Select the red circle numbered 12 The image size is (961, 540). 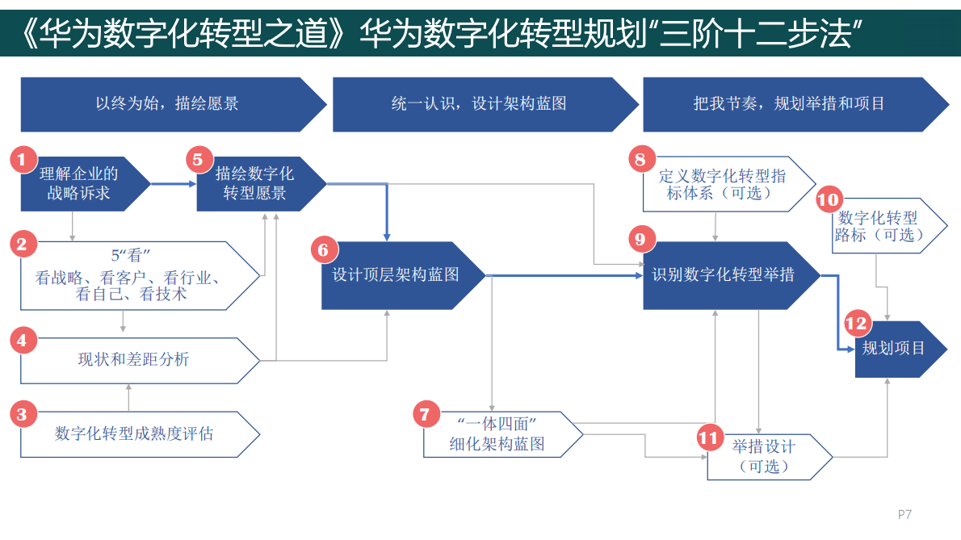pyautogui.click(x=856, y=324)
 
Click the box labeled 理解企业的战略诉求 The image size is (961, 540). pyautogui.click(x=81, y=184)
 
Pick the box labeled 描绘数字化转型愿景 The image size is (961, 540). pyautogui.click(x=255, y=184)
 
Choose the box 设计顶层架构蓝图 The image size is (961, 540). pyautogui.click(x=397, y=275)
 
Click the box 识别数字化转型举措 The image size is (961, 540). pyautogui.click(x=724, y=275)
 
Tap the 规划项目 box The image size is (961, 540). pyautogui.click(x=893, y=349)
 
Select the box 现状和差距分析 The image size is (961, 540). pyautogui.click(x=133, y=360)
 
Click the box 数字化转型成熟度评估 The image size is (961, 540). pyautogui.click(x=134, y=434)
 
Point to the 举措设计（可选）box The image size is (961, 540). pyautogui.click(x=764, y=457)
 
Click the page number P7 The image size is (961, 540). pyautogui.click(x=904, y=514)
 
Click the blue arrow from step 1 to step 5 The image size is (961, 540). pyautogui.click(x=173, y=184)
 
